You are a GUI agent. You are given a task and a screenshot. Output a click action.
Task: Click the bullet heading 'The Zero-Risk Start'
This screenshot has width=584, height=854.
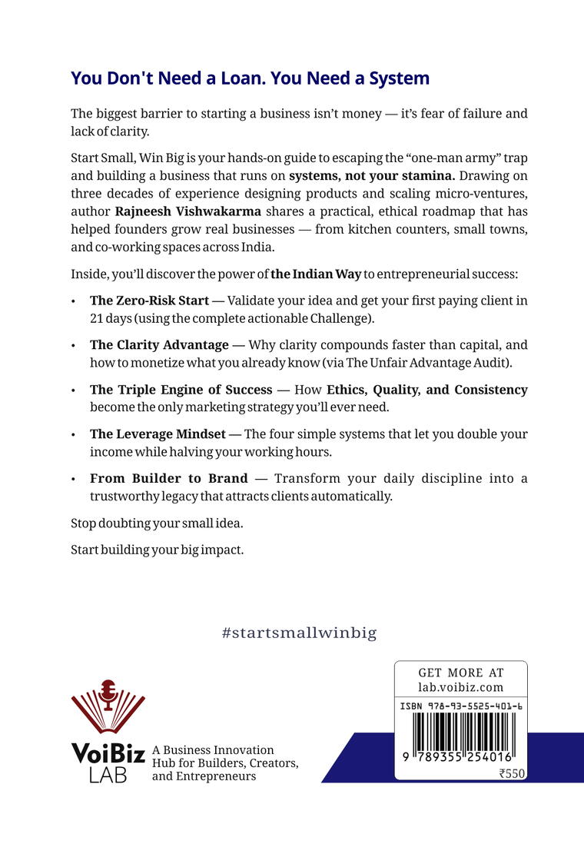[149, 301]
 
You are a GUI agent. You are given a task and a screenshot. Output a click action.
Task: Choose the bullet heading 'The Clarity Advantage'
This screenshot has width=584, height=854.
[159, 345]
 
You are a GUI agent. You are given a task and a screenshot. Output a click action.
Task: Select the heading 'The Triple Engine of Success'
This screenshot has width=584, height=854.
[181, 390]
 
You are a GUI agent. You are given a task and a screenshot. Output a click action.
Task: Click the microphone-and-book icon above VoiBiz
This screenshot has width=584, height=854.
[108, 706]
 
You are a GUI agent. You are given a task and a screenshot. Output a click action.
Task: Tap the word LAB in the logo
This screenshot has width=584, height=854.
[108, 775]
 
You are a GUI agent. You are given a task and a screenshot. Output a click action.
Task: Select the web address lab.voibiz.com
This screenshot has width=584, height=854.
[461, 687]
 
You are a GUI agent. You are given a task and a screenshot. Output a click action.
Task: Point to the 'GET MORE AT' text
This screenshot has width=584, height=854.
[461, 673]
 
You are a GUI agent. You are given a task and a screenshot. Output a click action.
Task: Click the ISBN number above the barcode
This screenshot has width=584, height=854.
[461, 706]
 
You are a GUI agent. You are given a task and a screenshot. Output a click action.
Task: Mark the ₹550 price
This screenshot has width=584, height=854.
[511, 774]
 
